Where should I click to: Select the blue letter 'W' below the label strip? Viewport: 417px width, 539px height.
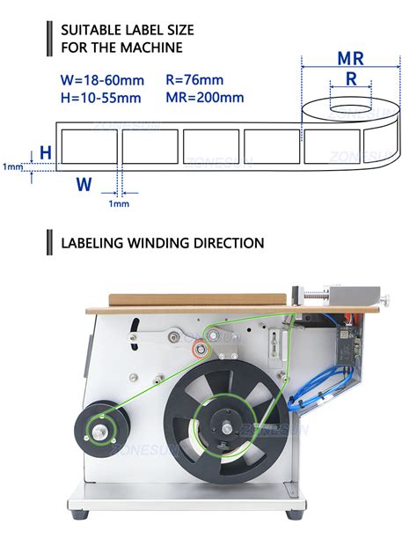(x=84, y=184)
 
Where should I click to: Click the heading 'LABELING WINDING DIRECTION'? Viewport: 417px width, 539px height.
(x=162, y=241)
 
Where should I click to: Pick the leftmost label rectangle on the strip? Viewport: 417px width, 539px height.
(x=88, y=146)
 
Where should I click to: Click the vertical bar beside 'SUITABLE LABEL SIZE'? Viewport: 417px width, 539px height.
(x=48, y=38)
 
